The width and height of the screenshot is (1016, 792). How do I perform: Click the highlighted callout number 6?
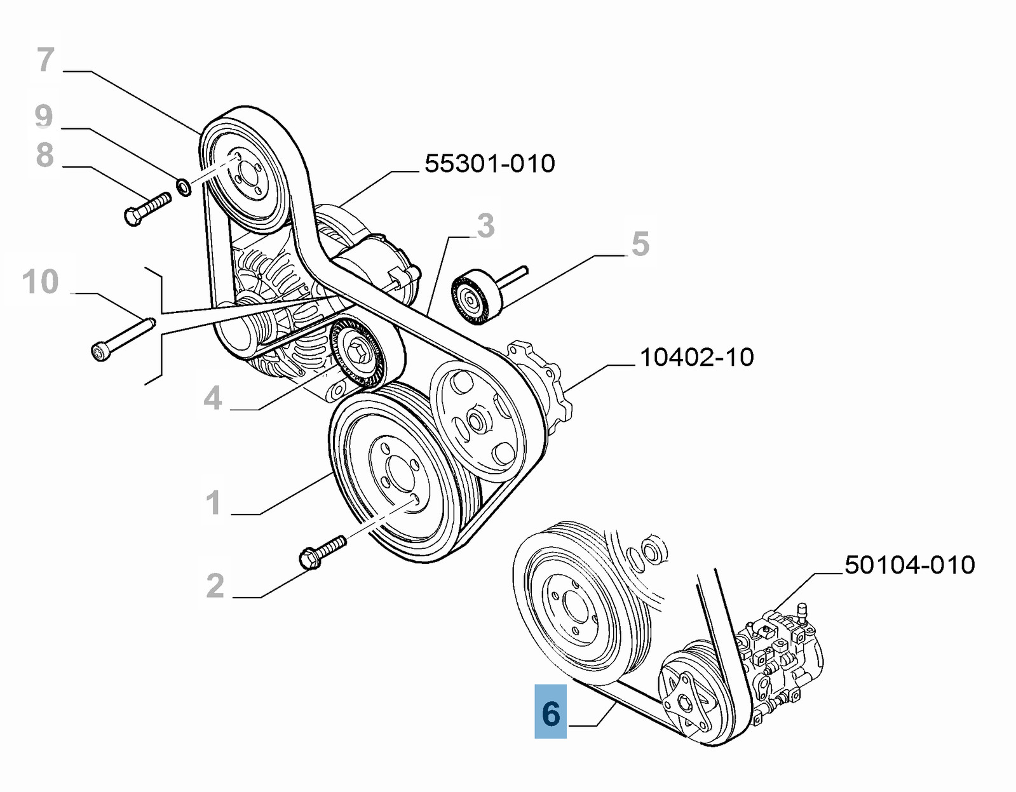[550, 712]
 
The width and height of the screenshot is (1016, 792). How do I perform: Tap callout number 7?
[45, 60]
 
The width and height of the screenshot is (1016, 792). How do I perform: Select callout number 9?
[43, 116]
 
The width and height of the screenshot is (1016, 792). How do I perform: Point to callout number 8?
[44, 155]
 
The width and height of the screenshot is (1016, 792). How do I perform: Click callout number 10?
[40, 281]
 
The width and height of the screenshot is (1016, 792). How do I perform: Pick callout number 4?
[213, 398]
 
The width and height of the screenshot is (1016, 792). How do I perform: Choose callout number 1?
[213, 502]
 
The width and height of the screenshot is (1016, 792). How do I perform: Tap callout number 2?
[215, 586]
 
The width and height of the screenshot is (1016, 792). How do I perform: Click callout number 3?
[485, 225]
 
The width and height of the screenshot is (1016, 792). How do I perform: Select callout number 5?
[640, 244]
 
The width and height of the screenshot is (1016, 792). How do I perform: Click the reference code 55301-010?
[489, 164]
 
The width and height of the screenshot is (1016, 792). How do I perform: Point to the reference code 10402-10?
[696, 357]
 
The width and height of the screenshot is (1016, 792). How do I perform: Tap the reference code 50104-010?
[909, 565]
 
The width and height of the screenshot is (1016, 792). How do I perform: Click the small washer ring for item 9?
[183, 187]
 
